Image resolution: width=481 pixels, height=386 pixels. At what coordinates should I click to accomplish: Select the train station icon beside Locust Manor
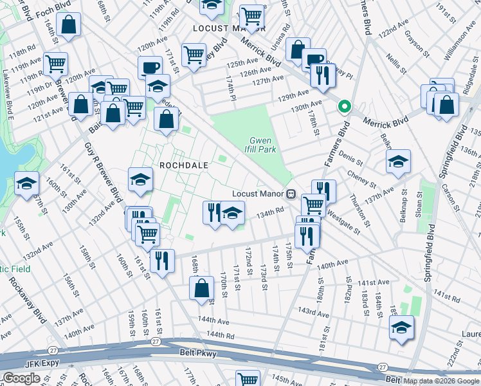pos(291,193)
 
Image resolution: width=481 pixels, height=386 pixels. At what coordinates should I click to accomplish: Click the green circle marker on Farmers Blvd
pos(345,107)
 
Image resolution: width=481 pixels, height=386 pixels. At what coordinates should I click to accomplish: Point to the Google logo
pos(21,378)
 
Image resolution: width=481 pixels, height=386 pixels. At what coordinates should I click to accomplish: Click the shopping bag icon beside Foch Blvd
pos(69,26)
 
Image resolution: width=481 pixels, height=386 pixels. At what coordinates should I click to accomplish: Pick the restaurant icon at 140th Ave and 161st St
pos(161,261)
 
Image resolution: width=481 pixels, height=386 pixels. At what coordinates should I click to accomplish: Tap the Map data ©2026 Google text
pos(441,381)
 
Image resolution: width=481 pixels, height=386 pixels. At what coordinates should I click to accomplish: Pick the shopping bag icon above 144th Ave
pos(201,288)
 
